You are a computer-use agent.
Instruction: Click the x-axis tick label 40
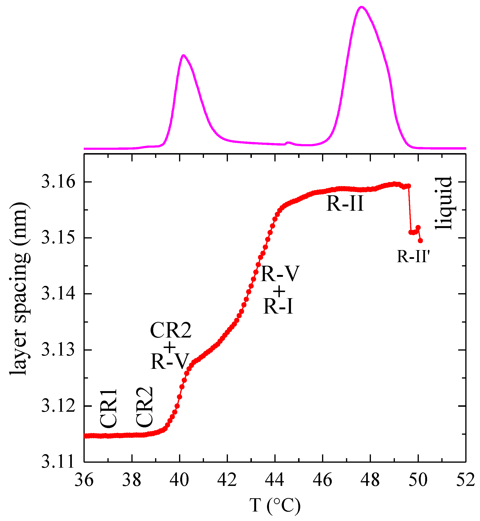click(x=179, y=480)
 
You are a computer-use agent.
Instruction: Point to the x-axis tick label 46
click(x=322, y=480)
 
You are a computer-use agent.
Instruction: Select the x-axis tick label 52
click(x=466, y=480)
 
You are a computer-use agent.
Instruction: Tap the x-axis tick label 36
click(x=84, y=480)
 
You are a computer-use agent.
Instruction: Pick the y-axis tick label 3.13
click(x=58, y=350)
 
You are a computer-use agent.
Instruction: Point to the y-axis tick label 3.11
click(x=58, y=462)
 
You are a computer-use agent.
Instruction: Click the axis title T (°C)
click(x=275, y=505)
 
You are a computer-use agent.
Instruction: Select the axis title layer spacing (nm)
click(x=19, y=288)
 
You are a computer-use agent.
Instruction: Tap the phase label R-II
click(x=345, y=204)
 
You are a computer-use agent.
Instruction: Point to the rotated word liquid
click(x=444, y=204)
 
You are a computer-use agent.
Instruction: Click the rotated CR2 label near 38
click(x=144, y=407)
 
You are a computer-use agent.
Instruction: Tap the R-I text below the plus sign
click(x=278, y=306)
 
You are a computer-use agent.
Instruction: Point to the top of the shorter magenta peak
click(x=183, y=55)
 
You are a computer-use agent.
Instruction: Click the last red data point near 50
click(x=420, y=241)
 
